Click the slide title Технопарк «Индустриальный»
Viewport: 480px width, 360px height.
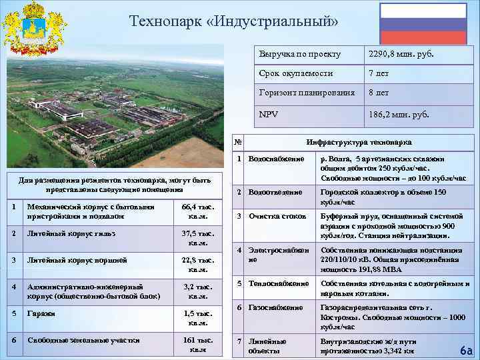point(233,22)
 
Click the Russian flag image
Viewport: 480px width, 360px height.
point(423,23)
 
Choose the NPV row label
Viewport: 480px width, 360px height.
point(269,114)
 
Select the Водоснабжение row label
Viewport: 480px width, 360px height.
point(276,159)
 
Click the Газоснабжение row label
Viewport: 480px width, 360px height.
point(275,307)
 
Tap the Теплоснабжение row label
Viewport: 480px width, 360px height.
point(277,283)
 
